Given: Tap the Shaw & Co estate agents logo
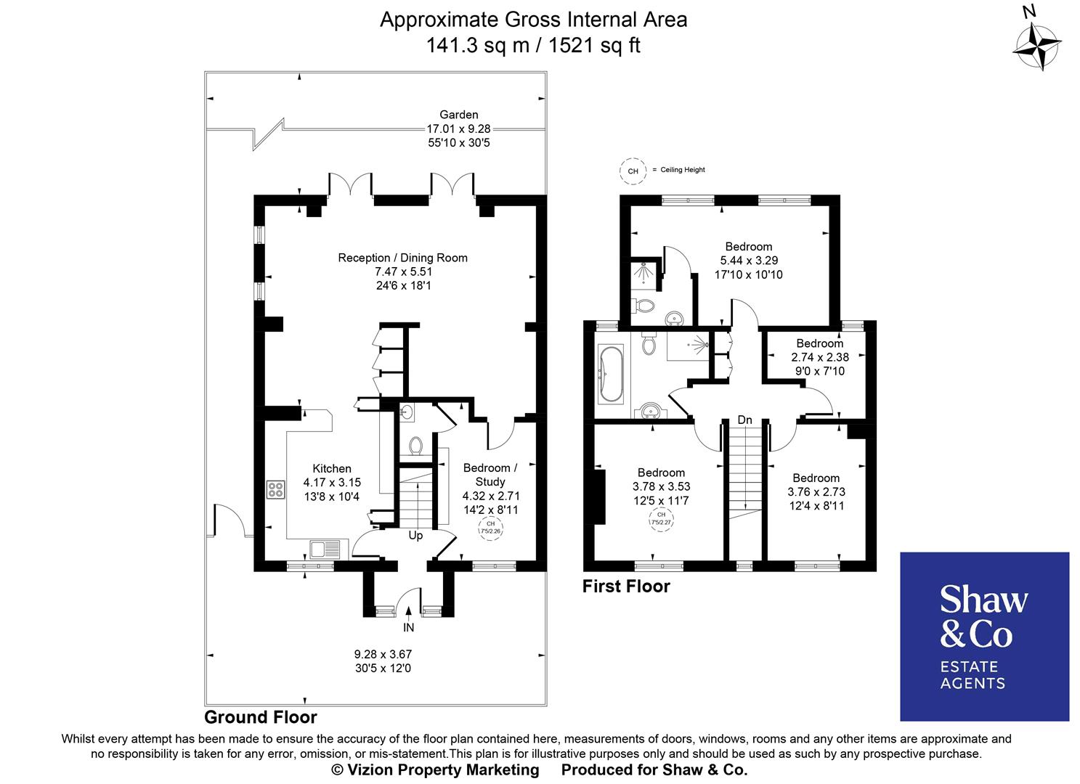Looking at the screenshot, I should tap(984, 636).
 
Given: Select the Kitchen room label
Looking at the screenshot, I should tap(332, 469).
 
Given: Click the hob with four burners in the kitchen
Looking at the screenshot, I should tap(275, 490).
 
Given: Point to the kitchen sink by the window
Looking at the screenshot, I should tap(320, 550).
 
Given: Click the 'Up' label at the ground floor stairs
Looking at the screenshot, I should tap(415, 536).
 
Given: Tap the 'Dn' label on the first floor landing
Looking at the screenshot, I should tap(744, 420).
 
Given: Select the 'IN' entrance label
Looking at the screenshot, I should tap(409, 627).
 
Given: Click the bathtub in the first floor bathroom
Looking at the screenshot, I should tap(609, 374).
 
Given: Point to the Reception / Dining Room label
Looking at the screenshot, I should tap(402, 258).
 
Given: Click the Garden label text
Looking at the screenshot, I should tap(459, 115).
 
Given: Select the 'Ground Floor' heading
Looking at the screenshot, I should tap(261, 717).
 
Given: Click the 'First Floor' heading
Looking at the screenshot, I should tap(626, 586).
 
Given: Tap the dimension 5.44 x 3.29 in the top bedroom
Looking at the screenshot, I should tap(749, 261).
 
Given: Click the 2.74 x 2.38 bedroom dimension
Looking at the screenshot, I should tap(819, 357).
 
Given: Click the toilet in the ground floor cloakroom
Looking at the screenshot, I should tap(416, 445).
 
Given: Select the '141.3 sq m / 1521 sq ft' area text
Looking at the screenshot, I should tap(533, 46).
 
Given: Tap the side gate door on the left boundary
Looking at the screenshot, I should tap(229, 520).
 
